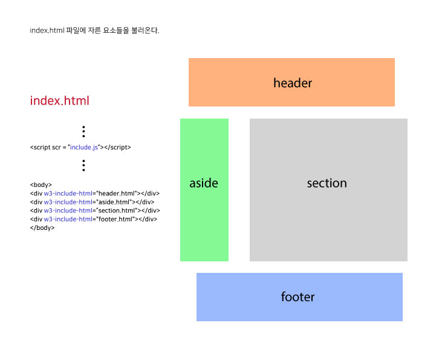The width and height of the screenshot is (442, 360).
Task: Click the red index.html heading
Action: click(59, 100)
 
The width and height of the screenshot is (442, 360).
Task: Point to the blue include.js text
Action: click(85, 147)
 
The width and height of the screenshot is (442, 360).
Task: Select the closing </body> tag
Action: click(42, 227)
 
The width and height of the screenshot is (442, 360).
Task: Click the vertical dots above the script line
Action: click(83, 131)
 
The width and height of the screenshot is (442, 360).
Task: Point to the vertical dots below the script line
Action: click(83, 165)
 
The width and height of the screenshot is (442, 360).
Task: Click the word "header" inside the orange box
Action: click(293, 83)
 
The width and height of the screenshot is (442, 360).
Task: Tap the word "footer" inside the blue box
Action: click(298, 297)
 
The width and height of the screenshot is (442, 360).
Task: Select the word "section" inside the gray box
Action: click(327, 183)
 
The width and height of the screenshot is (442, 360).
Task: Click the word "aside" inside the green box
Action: click(204, 183)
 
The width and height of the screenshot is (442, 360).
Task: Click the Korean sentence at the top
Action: click(94, 30)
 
